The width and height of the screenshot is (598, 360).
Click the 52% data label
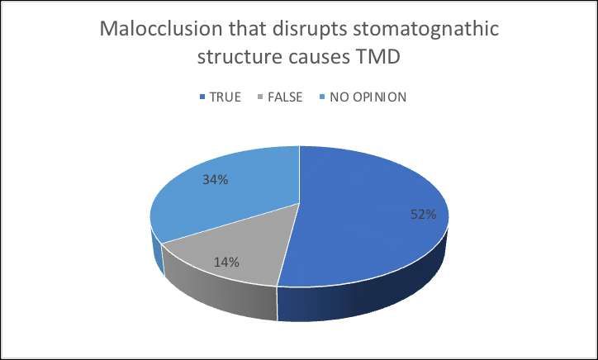point(424,215)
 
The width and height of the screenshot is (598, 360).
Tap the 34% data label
point(216,180)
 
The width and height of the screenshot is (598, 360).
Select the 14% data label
point(226,263)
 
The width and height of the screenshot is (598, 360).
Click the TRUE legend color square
point(202,97)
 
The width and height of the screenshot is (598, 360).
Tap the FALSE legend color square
point(261,97)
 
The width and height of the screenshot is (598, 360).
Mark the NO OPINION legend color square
point(322,97)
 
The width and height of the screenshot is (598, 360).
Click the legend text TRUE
point(225,97)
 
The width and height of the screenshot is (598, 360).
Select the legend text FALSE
point(285,97)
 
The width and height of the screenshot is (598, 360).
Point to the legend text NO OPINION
point(368,97)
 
